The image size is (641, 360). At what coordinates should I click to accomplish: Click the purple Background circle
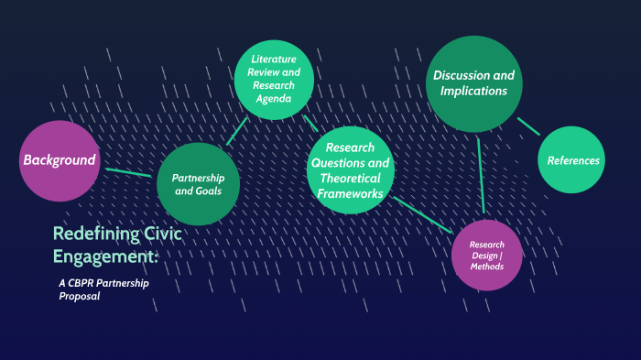(x=60, y=160)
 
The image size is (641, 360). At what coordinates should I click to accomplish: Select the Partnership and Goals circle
(x=198, y=184)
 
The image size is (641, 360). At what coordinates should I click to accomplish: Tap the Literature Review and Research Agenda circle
(x=274, y=80)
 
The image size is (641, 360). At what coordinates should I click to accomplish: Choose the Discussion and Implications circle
(x=473, y=83)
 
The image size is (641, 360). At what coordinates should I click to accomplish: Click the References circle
(x=572, y=160)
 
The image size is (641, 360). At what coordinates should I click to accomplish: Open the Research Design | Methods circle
(x=487, y=255)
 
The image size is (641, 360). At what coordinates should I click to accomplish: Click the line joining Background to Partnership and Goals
(x=128, y=171)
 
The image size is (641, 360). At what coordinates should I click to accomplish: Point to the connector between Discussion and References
(x=528, y=126)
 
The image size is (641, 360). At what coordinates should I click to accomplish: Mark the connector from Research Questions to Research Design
(x=422, y=213)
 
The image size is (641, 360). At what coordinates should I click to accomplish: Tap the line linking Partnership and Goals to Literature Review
(x=236, y=130)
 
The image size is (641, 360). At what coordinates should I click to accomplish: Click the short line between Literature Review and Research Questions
(x=310, y=122)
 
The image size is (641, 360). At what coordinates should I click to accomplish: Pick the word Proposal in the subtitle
(x=79, y=296)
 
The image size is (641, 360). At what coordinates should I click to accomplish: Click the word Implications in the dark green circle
(x=473, y=92)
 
